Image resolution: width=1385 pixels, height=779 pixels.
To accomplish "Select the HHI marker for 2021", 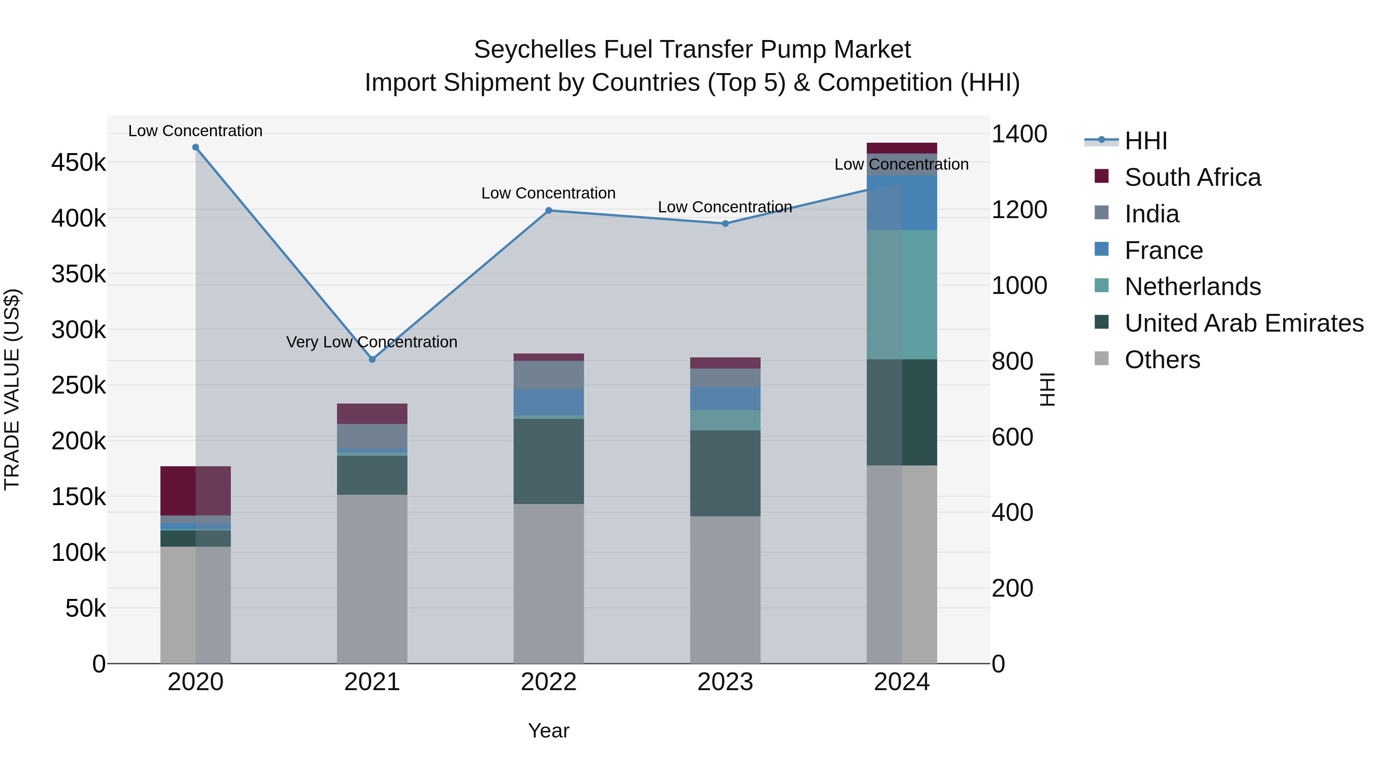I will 372,359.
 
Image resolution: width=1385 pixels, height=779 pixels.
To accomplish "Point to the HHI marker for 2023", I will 725,224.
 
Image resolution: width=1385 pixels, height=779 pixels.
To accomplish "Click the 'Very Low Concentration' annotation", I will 372,342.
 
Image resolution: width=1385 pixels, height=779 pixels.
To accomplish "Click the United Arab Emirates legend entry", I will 1243,323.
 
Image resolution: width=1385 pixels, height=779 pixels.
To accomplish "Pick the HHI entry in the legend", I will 1145,141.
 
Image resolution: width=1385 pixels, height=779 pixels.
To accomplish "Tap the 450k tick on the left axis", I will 78,162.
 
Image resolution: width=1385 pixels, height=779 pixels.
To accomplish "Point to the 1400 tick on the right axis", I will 1019,134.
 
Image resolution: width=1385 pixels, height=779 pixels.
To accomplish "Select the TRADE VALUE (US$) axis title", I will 12,389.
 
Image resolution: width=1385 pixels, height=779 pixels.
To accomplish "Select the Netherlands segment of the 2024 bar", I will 902,295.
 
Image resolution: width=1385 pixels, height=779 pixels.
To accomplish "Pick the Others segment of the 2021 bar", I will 372,579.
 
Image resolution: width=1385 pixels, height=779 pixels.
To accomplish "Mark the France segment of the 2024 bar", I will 902,203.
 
